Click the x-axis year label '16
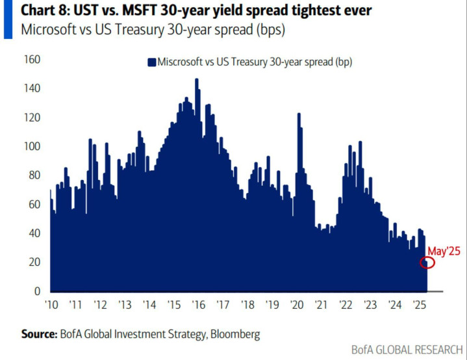point(197,305)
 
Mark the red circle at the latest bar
point(427,263)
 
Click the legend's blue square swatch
point(152,62)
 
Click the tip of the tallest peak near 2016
point(196,80)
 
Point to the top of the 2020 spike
point(299,114)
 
